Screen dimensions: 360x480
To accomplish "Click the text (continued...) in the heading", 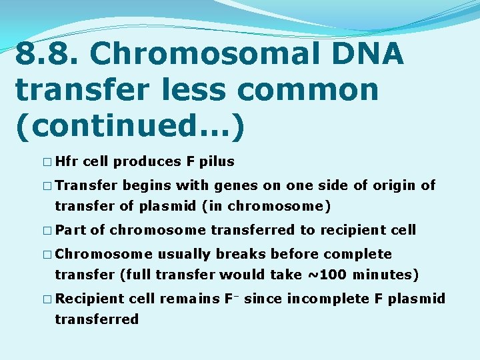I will tap(129, 124).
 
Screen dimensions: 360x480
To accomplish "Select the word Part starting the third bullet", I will tap(71, 230).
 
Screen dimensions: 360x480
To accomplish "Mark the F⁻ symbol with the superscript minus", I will tap(231, 298).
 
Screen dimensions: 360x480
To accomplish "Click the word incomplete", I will tap(327, 299).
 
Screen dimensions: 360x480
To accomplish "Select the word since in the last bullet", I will tap(265, 299).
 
